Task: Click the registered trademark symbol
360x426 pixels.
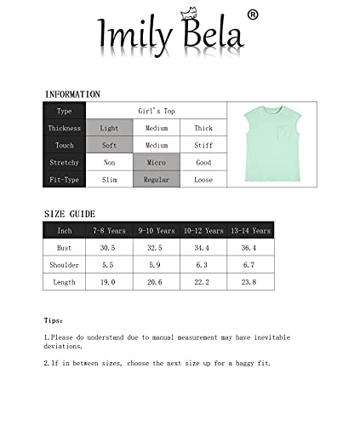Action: point(253,14)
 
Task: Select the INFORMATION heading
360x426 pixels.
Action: point(72,95)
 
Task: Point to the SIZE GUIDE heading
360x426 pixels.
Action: point(70,214)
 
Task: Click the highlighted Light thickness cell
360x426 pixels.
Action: point(109,129)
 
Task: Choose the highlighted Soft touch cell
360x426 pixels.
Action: point(109,146)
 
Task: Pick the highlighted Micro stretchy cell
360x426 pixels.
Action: point(156,163)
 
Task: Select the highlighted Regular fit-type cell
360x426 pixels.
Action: point(156,180)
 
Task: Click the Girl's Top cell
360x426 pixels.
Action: point(156,112)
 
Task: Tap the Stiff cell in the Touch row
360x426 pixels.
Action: point(203,146)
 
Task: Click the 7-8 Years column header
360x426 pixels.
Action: point(109,231)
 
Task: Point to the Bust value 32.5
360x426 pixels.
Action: point(156,248)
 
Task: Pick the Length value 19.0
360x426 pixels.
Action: point(109,282)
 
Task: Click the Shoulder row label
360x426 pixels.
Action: point(65,265)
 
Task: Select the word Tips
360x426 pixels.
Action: point(53,320)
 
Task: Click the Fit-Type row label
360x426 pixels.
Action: point(65,180)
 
